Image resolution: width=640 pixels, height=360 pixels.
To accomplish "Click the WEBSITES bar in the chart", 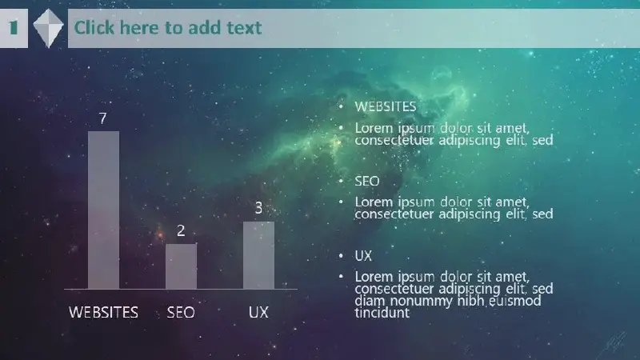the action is point(104,210).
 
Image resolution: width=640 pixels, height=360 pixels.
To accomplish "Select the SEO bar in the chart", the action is point(181,266).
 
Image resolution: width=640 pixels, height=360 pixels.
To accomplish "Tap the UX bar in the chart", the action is point(258,255).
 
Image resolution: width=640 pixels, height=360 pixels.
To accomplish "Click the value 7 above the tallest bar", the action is point(103,118).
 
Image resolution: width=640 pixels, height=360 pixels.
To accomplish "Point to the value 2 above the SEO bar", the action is point(181,231).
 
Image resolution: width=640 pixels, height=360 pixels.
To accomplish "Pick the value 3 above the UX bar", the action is point(258,208).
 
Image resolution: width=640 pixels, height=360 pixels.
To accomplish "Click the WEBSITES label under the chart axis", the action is point(103,313).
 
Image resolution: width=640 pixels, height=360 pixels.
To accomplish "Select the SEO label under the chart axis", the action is point(181,313).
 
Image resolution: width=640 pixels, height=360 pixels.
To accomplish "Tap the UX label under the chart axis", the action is point(258,313).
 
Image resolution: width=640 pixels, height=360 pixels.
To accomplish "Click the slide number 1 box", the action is point(14,28).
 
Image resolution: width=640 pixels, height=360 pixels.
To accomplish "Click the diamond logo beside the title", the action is point(48,28).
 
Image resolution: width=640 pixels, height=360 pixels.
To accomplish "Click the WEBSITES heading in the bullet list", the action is point(386,107).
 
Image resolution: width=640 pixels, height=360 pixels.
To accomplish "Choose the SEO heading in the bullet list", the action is point(367,182).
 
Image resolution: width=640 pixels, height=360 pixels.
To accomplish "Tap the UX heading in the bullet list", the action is point(363,256).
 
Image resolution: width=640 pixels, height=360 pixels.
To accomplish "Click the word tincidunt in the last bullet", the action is point(382,313).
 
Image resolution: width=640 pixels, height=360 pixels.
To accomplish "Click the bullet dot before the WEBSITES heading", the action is point(341,107).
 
